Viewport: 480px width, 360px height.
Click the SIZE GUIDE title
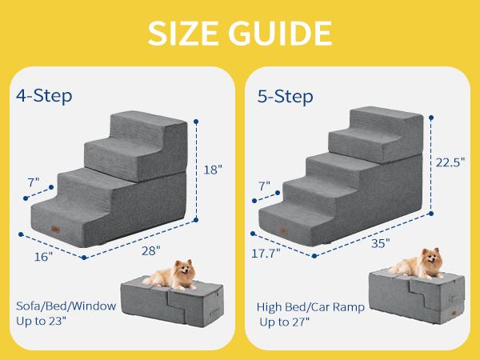click(x=239, y=34)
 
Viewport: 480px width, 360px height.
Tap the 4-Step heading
click(x=44, y=96)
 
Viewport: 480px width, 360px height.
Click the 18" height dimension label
click(x=213, y=170)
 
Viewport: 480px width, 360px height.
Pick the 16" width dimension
click(x=42, y=257)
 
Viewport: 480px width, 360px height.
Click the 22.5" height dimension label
click(x=450, y=162)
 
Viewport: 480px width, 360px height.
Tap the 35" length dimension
click(x=381, y=243)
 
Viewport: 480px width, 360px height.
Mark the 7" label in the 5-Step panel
click(x=265, y=186)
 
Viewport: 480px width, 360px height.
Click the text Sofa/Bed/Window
click(x=66, y=306)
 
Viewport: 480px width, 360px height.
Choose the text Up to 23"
click(x=47, y=321)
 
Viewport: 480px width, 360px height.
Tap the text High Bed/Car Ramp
click(x=310, y=306)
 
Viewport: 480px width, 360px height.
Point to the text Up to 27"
click(x=285, y=322)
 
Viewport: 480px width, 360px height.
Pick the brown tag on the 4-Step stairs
click(x=55, y=227)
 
